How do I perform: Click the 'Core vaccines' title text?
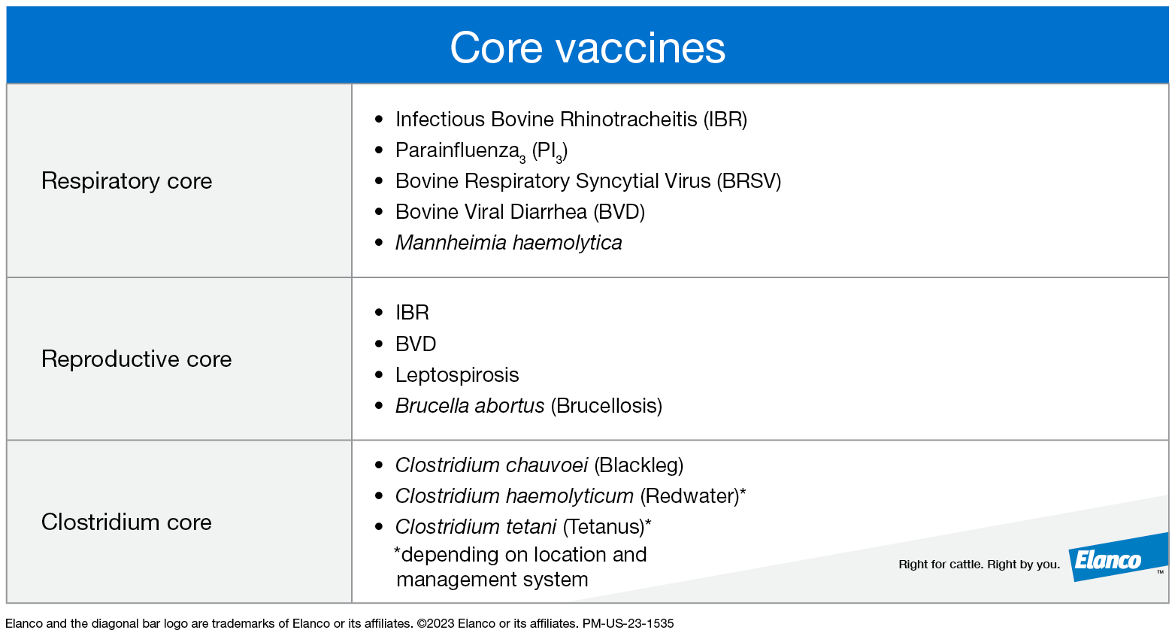pos(587,48)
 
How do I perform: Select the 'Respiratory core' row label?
pos(126,181)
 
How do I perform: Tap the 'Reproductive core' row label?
pos(136,359)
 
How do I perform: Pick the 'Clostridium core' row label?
pos(126,522)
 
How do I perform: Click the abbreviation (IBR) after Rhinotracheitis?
pos(725,120)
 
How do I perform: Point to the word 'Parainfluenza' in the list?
pos(456,150)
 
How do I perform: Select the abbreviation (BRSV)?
pos(749,181)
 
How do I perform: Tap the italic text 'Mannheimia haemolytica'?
pos(508,243)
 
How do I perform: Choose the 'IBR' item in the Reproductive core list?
pos(412,313)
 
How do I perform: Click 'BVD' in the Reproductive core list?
pos(416,344)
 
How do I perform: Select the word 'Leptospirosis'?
pos(457,375)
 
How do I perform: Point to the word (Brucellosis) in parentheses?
pos(606,406)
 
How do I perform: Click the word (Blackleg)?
pos(638,465)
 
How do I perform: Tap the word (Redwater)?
pos(689,496)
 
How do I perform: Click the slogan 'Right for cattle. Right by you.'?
pos(979,565)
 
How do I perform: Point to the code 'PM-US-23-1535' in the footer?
pos(628,623)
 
